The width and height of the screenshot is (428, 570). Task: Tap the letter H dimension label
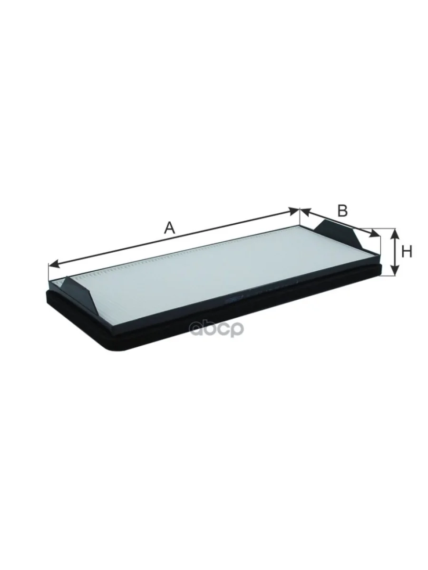pos(407,252)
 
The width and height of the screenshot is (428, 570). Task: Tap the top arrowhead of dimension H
pos(395,234)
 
